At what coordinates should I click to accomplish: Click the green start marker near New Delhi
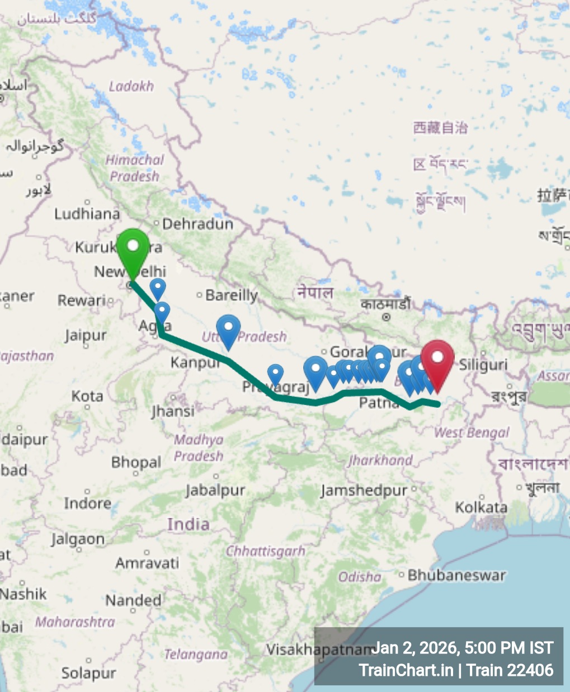(133, 248)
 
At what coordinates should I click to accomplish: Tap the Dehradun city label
(197, 224)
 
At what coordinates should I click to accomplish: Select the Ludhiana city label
(87, 214)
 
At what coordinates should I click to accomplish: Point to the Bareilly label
(232, 295)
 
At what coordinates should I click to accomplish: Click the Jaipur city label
(86, 336)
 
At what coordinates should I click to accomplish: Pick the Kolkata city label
(481, 507)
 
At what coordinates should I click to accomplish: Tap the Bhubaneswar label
(456, 575)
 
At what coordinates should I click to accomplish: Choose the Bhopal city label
(136, 462)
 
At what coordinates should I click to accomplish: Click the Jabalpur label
(215, 491)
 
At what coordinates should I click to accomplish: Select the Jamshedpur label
(364, 491)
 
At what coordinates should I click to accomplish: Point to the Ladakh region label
(131, 86)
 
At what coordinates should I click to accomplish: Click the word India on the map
(189, 524)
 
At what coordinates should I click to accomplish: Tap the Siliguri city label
(483, 365)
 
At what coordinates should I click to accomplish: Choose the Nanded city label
(134, 601)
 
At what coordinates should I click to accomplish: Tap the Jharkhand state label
(380, 460)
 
